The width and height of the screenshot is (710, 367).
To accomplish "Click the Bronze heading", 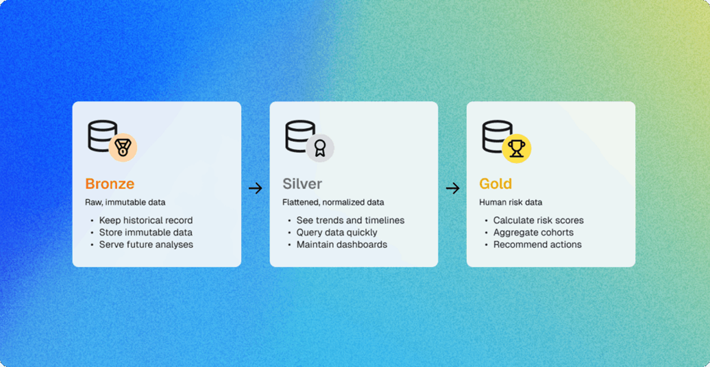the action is [110, 184].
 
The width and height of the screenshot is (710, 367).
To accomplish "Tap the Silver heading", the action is [302, 184].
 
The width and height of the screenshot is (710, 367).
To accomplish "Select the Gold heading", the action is [496, 184].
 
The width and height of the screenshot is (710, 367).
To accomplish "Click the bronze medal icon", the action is [123, 147].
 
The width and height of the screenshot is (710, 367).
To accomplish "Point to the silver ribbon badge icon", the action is [320, 148].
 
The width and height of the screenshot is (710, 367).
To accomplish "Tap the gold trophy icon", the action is [517, 149].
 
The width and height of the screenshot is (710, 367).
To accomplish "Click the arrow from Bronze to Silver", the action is [255, 188].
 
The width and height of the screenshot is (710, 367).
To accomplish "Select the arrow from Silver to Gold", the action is [453, 188].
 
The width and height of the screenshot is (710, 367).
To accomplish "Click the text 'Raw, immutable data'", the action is [125, 202].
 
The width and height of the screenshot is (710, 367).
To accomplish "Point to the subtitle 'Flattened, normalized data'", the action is [333, 202].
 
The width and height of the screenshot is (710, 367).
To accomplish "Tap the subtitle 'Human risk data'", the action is [511, 202].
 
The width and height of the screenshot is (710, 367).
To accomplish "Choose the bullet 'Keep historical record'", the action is [146, 220].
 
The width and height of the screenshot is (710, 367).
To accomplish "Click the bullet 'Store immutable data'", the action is [146, 233].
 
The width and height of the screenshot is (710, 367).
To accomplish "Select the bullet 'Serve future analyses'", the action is [146, 245].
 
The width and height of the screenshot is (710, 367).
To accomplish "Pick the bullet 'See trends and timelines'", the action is [351, 220].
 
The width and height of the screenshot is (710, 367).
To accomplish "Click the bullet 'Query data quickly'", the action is [337, 233].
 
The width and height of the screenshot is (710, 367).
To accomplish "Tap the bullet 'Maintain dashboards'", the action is [342, 245].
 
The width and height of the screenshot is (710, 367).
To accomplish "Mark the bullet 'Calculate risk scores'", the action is [539, 220].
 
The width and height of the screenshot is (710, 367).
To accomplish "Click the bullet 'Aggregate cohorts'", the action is [533, 233].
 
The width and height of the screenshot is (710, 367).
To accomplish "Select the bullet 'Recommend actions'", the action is [537, 245].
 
